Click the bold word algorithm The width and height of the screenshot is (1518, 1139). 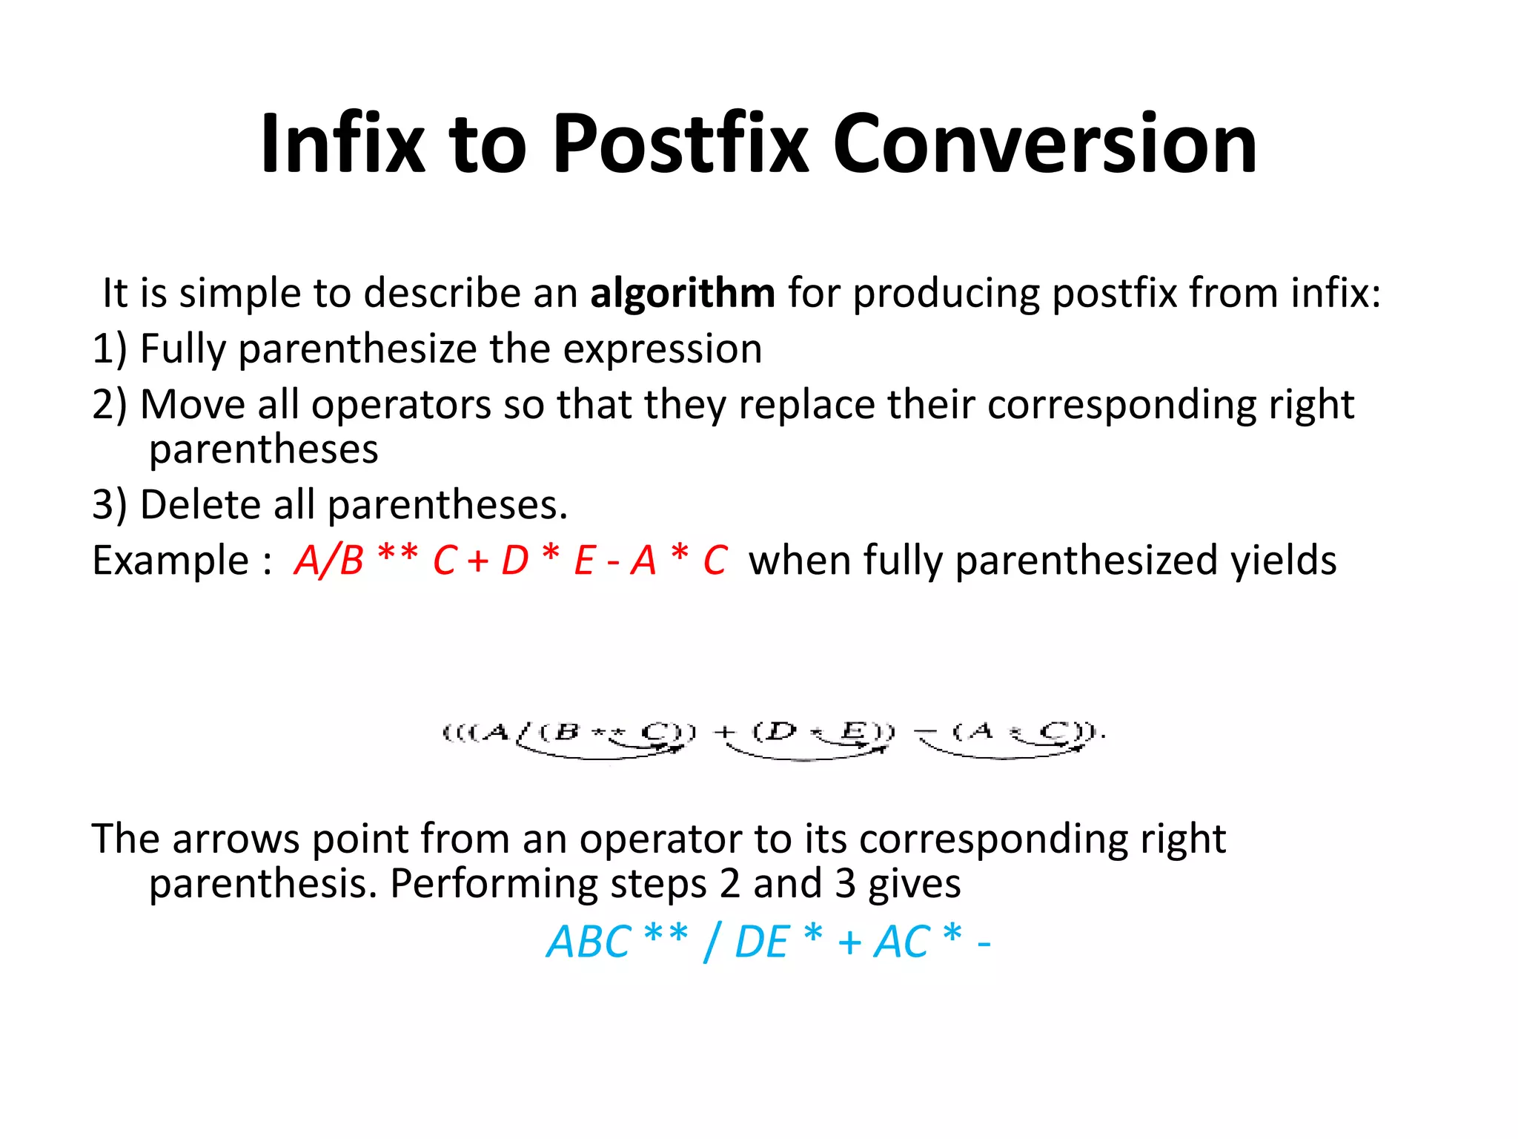coord(682,294)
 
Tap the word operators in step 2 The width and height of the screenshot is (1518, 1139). coord(401,405)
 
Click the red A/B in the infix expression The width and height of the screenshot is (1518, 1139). coord(328,561)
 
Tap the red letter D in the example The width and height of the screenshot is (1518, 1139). coord(514,561)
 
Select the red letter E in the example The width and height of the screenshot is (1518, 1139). coord(585,561)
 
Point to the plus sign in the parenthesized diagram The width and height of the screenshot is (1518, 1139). coord(724,733)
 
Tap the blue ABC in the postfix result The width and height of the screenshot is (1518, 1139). coord(589,942)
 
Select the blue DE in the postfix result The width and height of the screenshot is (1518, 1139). coord(761,942)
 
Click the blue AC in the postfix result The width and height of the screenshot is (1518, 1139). coord(901,942)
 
